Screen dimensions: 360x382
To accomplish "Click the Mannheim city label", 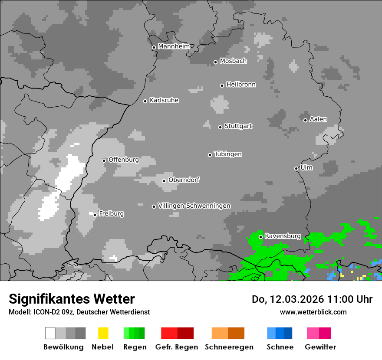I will pos(174,46).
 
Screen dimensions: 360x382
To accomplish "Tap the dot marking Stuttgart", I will pos(220,127).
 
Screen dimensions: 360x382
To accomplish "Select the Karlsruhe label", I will pos(164,101).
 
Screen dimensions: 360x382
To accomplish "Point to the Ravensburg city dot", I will pos(260,237).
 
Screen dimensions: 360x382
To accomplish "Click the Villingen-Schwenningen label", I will pos(194,206).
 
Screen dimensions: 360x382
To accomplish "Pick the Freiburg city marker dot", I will pos(95,215).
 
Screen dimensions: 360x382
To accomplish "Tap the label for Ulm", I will pos(306,167).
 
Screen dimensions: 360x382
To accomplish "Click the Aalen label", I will pos(318,119).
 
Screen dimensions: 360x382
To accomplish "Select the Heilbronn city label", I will pos(241,85).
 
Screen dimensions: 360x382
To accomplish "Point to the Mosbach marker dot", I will pos(215,62).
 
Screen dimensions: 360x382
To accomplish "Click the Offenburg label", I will pos(123,160).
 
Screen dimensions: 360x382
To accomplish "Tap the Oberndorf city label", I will pos(184,180).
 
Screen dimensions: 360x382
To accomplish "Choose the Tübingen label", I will pos(228,154).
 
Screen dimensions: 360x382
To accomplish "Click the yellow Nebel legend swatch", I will pos(103,333).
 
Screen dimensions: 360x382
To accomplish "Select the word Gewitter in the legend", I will pos(320,347).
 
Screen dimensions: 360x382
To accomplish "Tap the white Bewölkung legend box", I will pos(50,333).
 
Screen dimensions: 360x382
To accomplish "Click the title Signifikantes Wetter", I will pos(72,299).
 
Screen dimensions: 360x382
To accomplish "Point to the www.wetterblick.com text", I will pos(313,312).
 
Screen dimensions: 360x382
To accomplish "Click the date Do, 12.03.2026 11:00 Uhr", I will pos(312,299).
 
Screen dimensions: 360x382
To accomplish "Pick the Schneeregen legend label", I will pos(229,347).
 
